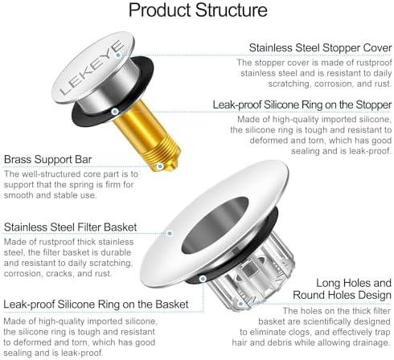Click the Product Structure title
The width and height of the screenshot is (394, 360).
(x=198, y=10)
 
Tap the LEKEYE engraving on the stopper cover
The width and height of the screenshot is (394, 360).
(x=92, y=68)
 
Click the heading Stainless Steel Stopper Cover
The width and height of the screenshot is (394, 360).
(x=320, y=48)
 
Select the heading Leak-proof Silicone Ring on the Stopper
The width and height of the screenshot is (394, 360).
(x=302, y=104)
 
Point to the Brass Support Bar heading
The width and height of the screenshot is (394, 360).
(x=47, y=160)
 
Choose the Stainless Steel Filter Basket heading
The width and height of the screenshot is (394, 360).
(x=70, y=227)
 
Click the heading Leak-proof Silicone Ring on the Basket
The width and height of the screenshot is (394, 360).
(x=96, y=305)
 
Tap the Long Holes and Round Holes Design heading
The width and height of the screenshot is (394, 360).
(x=342, y=289)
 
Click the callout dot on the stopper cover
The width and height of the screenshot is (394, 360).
(x=118, y=55)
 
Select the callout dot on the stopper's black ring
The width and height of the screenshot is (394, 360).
(x=115, y=112)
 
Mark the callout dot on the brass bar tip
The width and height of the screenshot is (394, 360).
(x=160, y=166)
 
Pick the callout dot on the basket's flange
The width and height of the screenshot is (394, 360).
(x=170, y=234)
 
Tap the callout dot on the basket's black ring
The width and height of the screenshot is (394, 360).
(x=203, y=279)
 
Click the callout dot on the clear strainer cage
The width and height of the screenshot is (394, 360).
(x=240, y=304)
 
